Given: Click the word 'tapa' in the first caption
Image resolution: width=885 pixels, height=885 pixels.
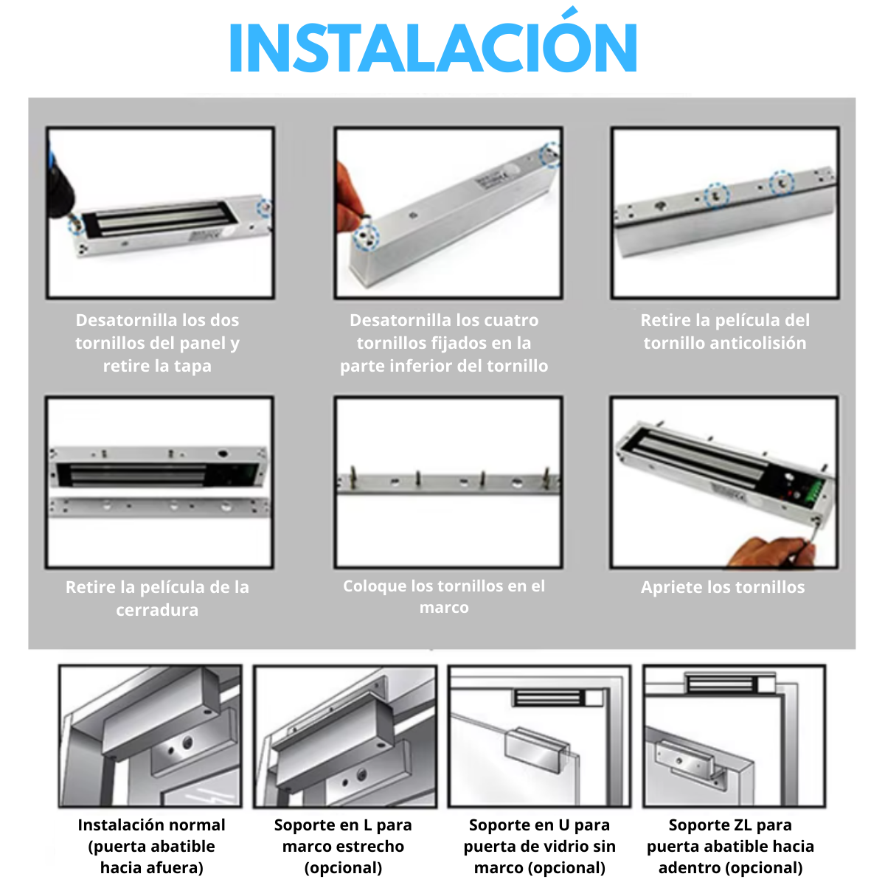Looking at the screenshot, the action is pos(192,367).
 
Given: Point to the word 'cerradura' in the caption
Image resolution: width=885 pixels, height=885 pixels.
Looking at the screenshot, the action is pos(157,610).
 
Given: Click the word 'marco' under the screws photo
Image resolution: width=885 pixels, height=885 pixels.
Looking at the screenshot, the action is pos(444,607).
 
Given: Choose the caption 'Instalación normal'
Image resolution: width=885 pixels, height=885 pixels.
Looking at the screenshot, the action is pos(152,825).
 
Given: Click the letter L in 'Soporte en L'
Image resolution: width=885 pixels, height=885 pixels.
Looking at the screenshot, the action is pos(367,825).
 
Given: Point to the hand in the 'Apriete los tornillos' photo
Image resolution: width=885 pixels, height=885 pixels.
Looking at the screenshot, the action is pos(771,552).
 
